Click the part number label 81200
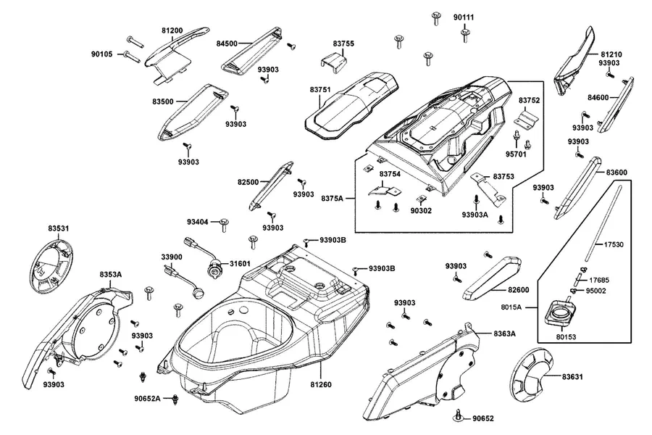172,30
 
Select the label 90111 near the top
464,17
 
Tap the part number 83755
343,43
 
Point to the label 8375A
333,198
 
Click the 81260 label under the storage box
321,384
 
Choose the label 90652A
147,398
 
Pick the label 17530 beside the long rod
614,245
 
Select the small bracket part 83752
527,117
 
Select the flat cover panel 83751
352,105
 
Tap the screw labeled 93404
225,223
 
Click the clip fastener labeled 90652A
175,399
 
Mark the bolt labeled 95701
517,137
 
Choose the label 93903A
475,215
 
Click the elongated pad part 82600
492,279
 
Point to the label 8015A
511,307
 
